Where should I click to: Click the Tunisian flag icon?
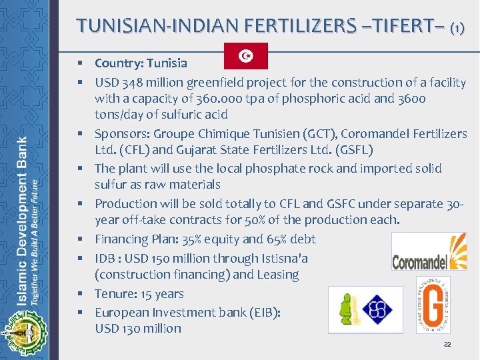tap(245, 57)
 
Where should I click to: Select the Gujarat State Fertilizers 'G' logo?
tap(433, 304)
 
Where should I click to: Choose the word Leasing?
tap(275, 275)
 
